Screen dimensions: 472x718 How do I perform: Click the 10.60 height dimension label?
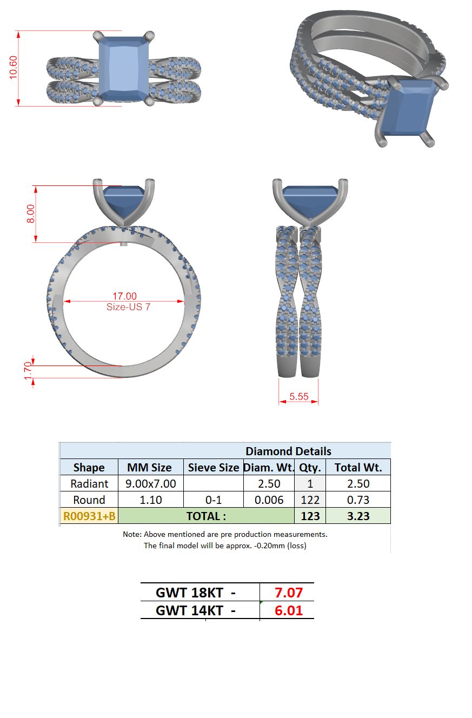click(13, 67)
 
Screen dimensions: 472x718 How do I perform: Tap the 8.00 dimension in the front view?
click(31, 214)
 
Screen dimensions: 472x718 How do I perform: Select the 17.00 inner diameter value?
click(125, 296)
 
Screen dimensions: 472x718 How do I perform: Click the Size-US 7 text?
click(129, 307)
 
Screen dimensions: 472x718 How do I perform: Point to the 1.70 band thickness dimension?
click(29, 371)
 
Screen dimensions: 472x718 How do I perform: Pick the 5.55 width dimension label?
click(299, 396)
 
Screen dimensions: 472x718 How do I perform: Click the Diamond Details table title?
click(288, 451)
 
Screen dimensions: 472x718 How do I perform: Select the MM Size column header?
click(149, 468)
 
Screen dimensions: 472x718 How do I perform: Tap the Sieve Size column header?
click(214, 468)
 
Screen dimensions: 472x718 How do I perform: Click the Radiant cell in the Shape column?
click(89, 484)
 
